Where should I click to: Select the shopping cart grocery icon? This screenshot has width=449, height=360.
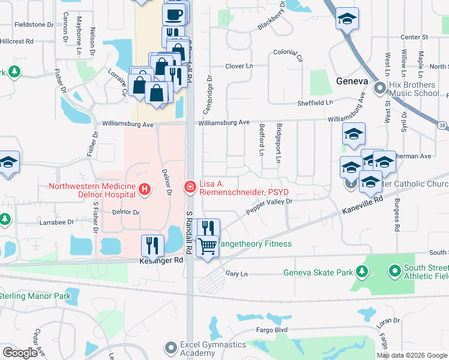[207, 245]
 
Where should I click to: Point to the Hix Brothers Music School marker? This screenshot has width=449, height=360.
[379, 89]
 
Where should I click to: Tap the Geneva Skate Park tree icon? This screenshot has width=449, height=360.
[362, 272]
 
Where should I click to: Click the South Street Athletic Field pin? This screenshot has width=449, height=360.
[394, 272]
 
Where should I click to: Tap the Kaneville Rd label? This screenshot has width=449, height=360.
[363, 206]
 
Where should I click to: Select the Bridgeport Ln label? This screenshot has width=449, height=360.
[278, 143]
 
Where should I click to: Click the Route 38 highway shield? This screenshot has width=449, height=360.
[442, 125]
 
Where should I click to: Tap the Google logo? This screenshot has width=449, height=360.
[20, 352]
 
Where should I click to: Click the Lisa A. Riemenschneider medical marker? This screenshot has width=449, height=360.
[190, 188]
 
